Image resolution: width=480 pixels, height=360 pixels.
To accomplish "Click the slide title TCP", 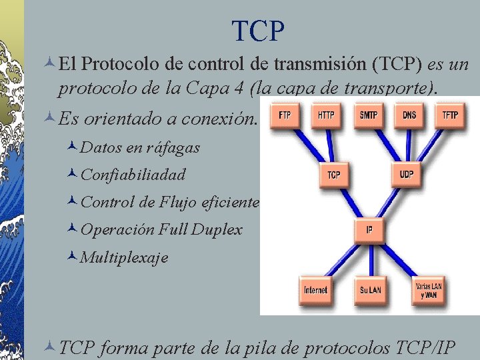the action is point(258,31).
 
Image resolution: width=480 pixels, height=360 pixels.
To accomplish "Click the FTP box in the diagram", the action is point(284,115).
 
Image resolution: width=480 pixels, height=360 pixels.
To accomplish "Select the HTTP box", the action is point(325,115).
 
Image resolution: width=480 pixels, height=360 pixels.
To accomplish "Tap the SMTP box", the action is point(368,115).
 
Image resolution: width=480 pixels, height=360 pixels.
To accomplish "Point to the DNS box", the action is point(409,115).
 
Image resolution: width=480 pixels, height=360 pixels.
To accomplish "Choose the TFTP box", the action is point(450,115).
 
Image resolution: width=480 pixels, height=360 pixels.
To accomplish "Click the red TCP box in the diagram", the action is point(334,175).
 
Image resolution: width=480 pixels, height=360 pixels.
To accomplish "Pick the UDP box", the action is point(407,175).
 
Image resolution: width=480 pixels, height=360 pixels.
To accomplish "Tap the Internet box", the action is point(315,290).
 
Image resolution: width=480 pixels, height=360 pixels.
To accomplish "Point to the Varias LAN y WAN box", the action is point(428,290).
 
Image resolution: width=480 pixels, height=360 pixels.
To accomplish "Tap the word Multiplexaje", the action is point(124,257).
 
